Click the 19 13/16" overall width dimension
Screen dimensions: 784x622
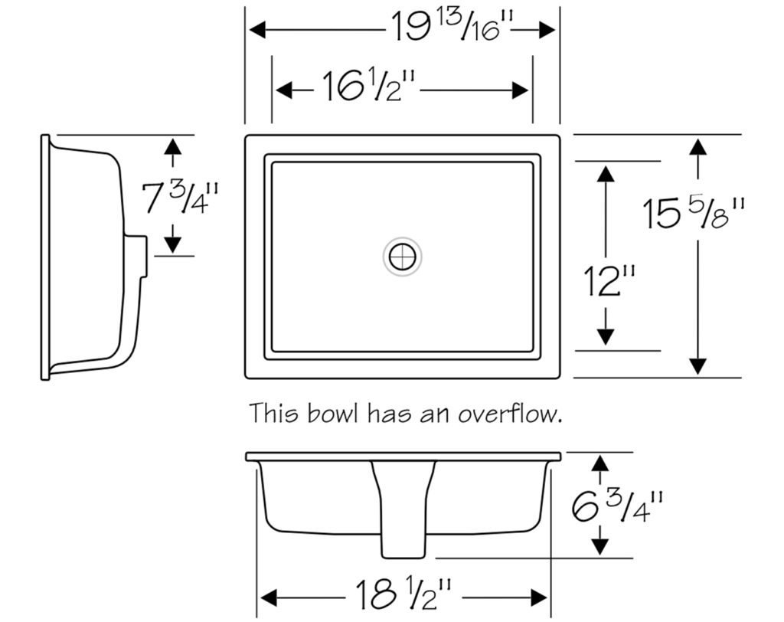[452, 27]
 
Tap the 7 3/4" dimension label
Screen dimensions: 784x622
[181, 198]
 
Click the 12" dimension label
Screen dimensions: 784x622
[609, 280]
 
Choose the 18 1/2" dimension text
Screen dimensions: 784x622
[403, 594]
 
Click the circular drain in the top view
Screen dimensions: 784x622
[403, 257]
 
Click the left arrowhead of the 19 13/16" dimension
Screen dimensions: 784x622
[257, 30]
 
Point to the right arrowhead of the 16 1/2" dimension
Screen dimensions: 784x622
[521, 90]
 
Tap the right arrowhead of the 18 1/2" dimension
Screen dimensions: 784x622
[538, 597]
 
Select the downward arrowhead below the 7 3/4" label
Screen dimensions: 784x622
[173, 244]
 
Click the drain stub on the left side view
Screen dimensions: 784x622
[136, 256]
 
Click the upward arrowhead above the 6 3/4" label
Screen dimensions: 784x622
[600, 464]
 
